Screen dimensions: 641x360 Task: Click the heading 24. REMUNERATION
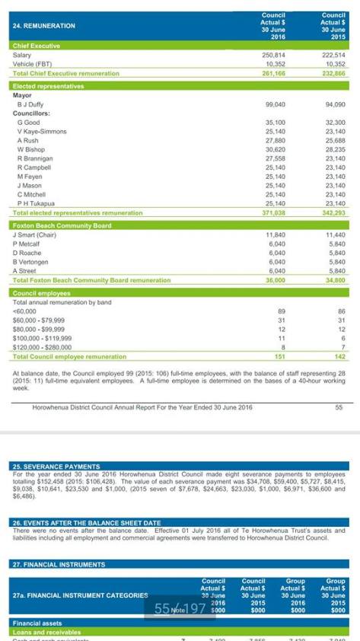(x=44, y=26)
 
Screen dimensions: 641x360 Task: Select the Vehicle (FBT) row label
(x=35, y=65)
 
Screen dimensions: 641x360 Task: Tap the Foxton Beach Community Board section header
(x=62, y=225)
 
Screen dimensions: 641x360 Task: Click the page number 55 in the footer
(x=338, y=407)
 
